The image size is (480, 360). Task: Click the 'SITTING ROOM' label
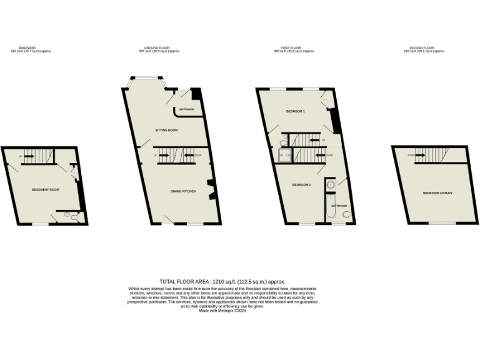(167, 130)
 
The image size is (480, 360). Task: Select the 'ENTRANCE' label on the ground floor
(186, 110)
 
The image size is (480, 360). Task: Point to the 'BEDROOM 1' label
(295, 111)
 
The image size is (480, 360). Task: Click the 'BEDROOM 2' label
(302, 184)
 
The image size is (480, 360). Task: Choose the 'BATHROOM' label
(339, 206)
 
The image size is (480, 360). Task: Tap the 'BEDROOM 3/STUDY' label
(437, 193)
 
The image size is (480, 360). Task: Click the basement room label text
(45, 189)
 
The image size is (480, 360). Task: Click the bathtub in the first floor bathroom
(330, 208)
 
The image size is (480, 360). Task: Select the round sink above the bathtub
(330, 186)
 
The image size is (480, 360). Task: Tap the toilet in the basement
(74, 217)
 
